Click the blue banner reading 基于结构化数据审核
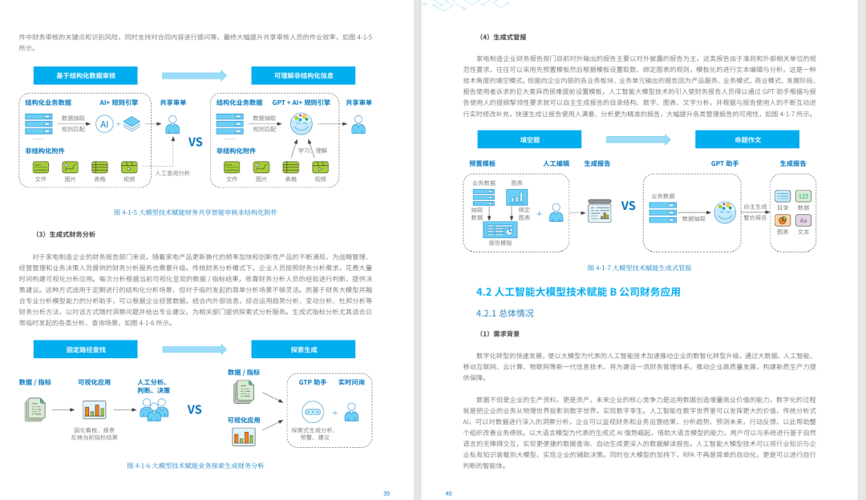[x=86, y=75]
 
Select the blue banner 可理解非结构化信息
[x=303, y=75]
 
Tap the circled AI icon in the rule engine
[x=104, y=124]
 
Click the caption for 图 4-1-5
[x=196, y=212]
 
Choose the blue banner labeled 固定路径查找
[x=86, y=349]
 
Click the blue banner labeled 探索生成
[x=304, y=349]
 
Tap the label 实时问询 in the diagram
[x=351, y=382]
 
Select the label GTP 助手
[x=312, y=382]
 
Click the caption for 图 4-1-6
[x=195, y=466]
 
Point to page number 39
[x=386, y=494]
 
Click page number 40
[x=449, y=494]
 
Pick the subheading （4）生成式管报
[x=503, y=37]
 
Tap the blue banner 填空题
[x=529, y=139]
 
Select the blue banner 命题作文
[x=747, y=139]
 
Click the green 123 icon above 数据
[x=803, y=196]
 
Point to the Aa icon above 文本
[x=803, y=220]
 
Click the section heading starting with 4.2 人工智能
[x=577, y=292]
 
